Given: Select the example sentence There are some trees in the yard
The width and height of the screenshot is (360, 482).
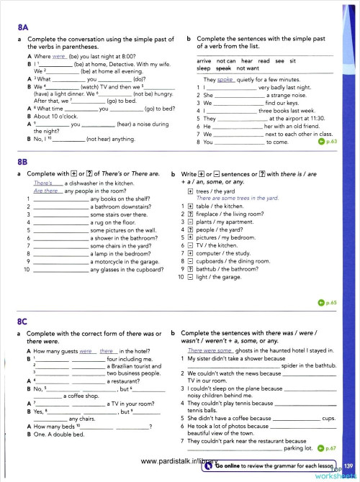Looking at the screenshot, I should coord(238,198).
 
